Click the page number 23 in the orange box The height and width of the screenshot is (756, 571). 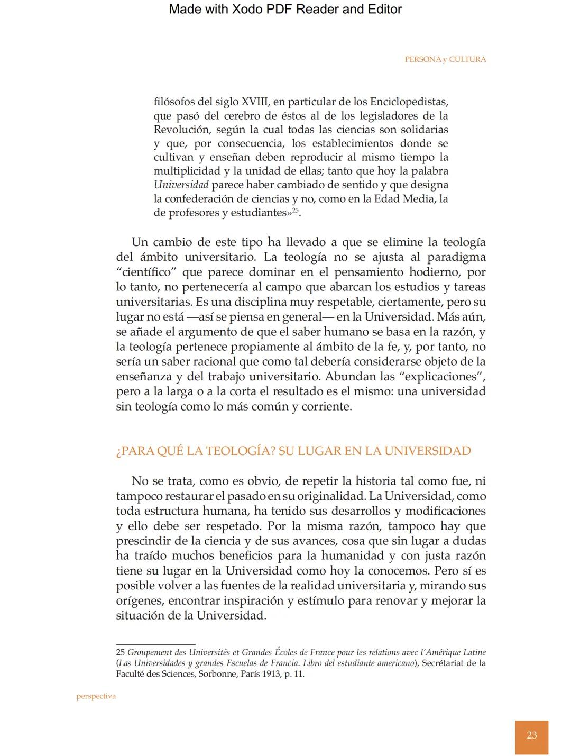coord(531,735)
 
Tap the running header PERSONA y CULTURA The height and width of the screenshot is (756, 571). coord(445,59)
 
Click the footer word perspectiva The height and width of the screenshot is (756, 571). coord(96,696)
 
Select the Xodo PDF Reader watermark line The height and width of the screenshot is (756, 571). coord(285,9)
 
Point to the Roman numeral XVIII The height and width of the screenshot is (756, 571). coord(254,102)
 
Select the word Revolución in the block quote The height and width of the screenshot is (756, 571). coord(181,130)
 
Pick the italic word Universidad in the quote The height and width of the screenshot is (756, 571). coord(181,185)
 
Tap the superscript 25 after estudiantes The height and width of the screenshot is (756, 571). coord(296,210)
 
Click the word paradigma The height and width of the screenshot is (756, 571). coord(456,257)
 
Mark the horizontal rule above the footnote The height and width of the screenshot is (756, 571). coord(155,644)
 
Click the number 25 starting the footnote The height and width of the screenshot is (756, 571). coord(121,653)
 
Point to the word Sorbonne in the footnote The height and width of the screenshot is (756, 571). coord(218,674)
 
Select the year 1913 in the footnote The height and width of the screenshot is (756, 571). coord(271,674)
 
